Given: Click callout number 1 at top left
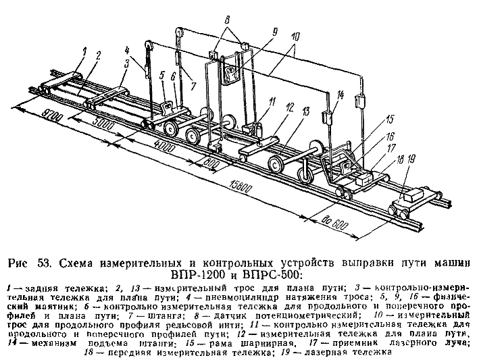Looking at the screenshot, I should click(x=84, y=50).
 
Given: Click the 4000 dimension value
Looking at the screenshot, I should click(x=162, y=144).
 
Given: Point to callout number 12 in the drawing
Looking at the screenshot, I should click(x=288, y=107).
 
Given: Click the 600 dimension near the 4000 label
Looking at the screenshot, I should click(x=211, y=163).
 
